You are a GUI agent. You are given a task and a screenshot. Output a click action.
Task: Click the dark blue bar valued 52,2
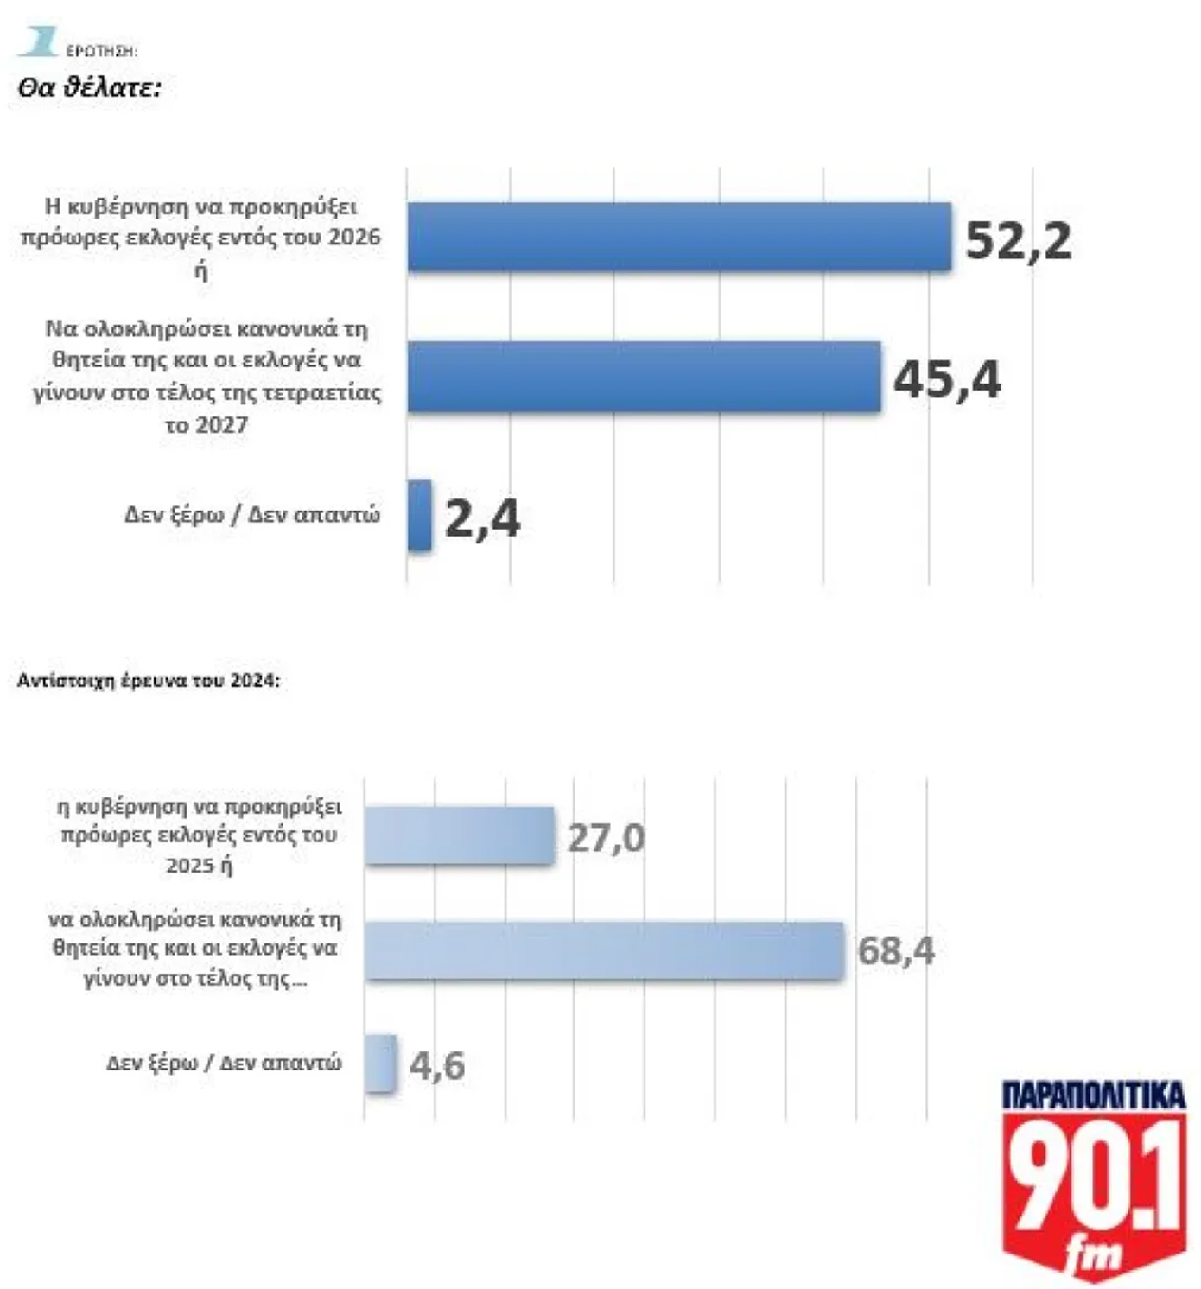click(679, 238)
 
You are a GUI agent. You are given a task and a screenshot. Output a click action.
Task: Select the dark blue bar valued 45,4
click(644, 377)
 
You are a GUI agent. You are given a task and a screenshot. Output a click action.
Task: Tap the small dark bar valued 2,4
click(419, 516)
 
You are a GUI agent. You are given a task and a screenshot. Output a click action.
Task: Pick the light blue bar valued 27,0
click(459, 835)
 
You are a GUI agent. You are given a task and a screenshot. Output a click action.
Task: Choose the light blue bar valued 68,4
click(604, 950)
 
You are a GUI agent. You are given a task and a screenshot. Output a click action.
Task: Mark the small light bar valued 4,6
click(380, 1064)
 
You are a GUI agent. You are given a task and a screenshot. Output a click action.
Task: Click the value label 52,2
click(1018, 240)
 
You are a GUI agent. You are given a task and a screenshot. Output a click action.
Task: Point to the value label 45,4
click(947, 379)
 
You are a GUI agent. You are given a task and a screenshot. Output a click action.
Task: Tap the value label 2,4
click(482, 519)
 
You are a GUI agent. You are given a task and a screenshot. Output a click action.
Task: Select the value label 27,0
click(606, 838)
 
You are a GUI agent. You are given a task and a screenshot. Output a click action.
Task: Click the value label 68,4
click(896, 951)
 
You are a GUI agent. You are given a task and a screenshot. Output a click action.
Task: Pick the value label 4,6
click(437, 1065)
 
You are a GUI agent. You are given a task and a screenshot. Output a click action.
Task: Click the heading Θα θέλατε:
click(90, 87)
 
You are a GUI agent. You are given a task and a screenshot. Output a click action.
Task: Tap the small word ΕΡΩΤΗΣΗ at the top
click(102, 51)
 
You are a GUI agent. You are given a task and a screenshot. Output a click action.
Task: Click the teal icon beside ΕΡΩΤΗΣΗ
click(37, 41)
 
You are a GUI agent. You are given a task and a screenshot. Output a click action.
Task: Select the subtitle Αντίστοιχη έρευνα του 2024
click(149, 681)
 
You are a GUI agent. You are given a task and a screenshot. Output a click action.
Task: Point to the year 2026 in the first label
click(353, 237)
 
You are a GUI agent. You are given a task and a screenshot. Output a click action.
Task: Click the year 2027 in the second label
click(220, 425)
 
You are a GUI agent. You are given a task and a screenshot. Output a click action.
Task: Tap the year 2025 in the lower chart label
click(189, 865)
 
